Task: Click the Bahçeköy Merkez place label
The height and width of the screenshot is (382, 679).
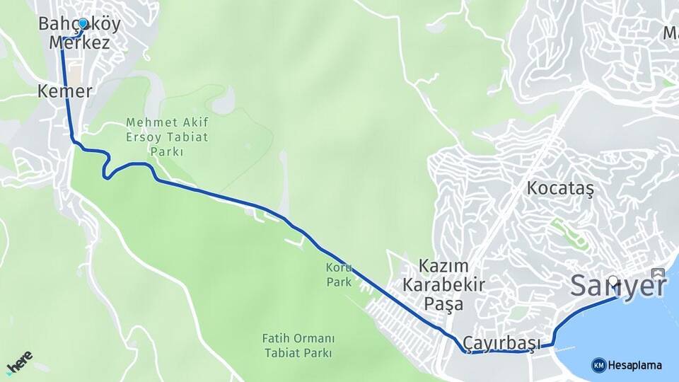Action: coord(79,33)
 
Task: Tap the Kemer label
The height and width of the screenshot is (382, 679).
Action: coord(65,91)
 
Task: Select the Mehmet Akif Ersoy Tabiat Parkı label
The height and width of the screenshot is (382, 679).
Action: coord(167,137)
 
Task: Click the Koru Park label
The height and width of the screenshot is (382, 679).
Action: coord(338,274)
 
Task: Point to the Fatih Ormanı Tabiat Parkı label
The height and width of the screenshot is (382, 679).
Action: coord(298,346)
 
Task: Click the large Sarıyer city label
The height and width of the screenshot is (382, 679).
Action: coord(618,286)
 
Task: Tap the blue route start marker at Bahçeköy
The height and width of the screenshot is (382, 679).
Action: coord(83,23)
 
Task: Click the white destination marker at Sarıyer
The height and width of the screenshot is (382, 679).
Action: coord(613,280)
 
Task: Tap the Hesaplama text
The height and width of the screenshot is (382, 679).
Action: coord(635,365)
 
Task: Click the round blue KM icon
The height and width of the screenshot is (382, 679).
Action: coord(598,365)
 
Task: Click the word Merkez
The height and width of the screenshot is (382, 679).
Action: coord(79,42)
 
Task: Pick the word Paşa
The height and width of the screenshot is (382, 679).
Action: coord(444,304)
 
